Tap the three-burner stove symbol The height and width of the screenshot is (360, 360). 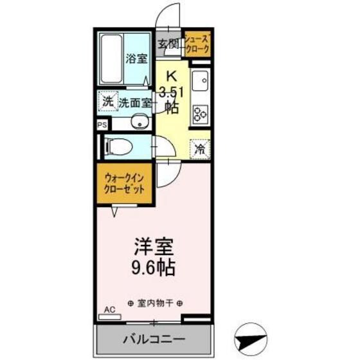coord(201,113)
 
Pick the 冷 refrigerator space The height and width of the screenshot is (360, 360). coord(201,148)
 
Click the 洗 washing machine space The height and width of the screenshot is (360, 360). coord(107,102)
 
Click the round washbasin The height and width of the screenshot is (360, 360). coord(138,123)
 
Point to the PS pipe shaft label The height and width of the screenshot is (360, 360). coord(102,125)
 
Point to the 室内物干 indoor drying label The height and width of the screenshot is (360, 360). coord(155,303)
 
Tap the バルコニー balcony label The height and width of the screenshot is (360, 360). coord(154,339)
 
